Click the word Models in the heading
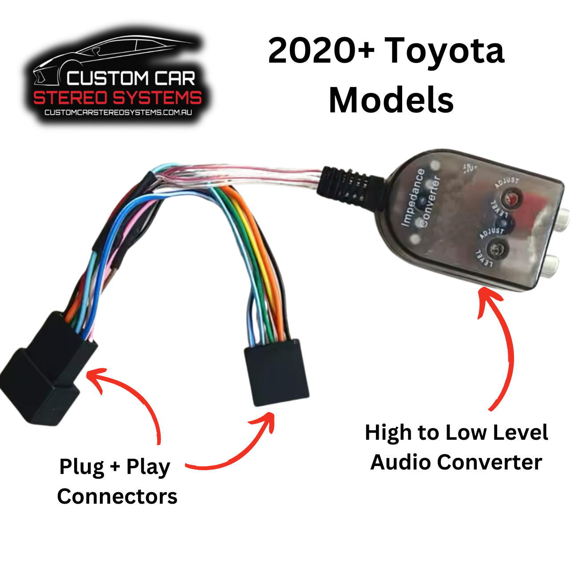[x=391, y=100]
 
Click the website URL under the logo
[x=118, y=112]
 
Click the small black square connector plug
[x=277, y=372]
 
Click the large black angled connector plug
[x=44, y=371]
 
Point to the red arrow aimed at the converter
[x=502, y=346]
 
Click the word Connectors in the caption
[x=117, y=496]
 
